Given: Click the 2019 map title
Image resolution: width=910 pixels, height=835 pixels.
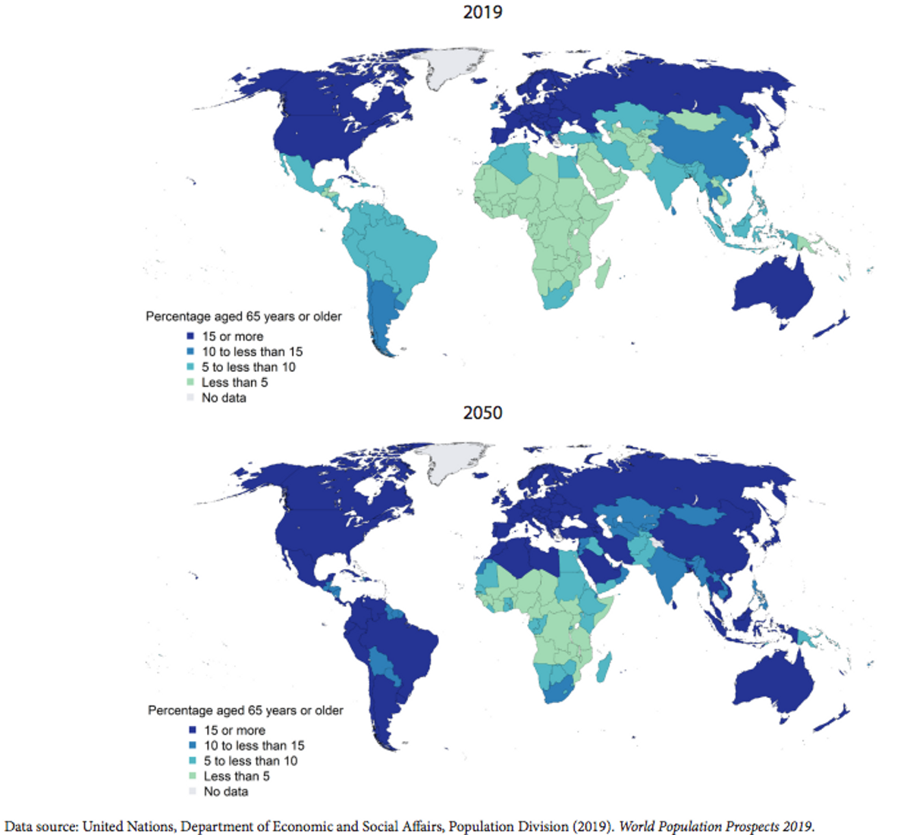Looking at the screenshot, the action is point(482,12).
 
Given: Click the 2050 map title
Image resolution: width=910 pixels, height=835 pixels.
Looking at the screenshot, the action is point(482,413).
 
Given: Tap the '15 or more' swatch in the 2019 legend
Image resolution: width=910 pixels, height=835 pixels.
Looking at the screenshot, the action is point(190,336).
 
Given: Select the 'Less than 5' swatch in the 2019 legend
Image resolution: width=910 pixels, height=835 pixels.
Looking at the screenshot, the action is point(190,382).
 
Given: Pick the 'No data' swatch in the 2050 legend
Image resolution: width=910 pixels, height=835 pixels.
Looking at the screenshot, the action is point(193,791).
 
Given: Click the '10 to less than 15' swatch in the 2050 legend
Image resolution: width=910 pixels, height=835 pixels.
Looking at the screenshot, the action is point(193,746).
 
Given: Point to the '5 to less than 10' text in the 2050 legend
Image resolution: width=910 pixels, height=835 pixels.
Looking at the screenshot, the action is point(250,761).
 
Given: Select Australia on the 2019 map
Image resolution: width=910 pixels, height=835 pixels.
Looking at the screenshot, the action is point(771,290).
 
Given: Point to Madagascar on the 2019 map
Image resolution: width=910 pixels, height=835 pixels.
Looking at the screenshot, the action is point(603,273).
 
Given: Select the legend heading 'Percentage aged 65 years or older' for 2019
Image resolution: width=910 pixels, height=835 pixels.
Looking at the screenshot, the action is point(243,317).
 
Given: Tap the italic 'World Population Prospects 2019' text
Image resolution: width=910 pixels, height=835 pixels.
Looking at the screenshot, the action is point(716,826).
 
